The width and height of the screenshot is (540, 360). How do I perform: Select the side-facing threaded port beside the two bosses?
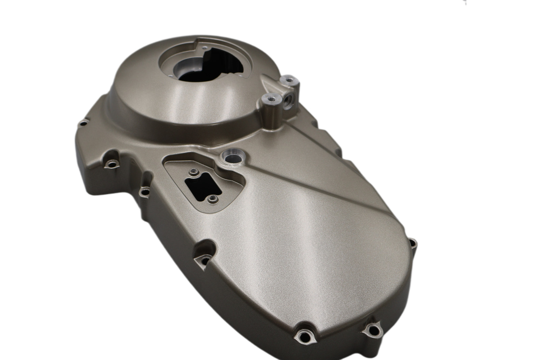pyautogui.click(x=289, y=100)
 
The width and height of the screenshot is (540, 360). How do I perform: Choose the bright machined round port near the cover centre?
pyautogui.click(x=232, y=156)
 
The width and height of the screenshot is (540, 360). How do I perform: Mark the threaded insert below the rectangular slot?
pyautogui.click(x=212, y=199)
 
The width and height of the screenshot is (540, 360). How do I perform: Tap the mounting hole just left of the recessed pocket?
pyautogui.click(x=144, y=193)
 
